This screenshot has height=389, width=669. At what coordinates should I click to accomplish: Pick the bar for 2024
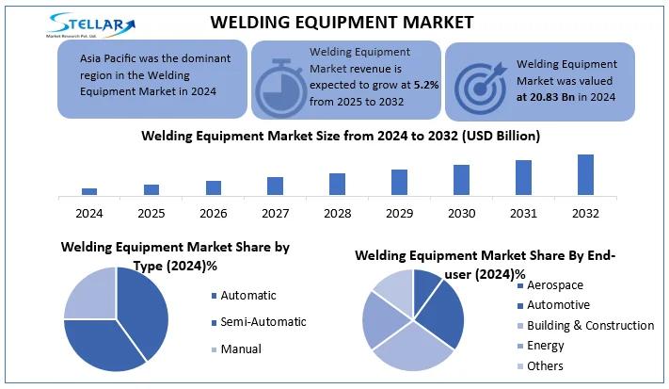[x=89, y=190]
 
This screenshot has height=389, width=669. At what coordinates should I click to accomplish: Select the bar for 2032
[x=585, y=174]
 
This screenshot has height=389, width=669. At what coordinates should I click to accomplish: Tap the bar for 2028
[x=337, y=184]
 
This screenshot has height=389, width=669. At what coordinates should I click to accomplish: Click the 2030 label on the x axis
[x=461, y=214]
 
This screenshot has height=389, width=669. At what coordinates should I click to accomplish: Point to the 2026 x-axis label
[x=213, y=214]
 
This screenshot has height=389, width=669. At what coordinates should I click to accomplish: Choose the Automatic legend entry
[x=248, y=295]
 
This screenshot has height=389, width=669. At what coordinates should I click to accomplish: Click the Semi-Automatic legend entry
[x=263, y=321]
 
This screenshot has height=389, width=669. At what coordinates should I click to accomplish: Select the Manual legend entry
[x=241, y=348]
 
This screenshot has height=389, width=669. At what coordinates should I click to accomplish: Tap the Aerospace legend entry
[x=554, y=284]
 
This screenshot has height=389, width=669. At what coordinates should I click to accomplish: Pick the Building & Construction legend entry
[x=590, y=325]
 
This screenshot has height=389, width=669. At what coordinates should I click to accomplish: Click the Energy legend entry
[x=545, y=346]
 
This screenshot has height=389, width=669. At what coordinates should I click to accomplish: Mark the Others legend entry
[x=545, y=365]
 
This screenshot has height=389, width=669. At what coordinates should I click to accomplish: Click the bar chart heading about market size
[x=341, y=136]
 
